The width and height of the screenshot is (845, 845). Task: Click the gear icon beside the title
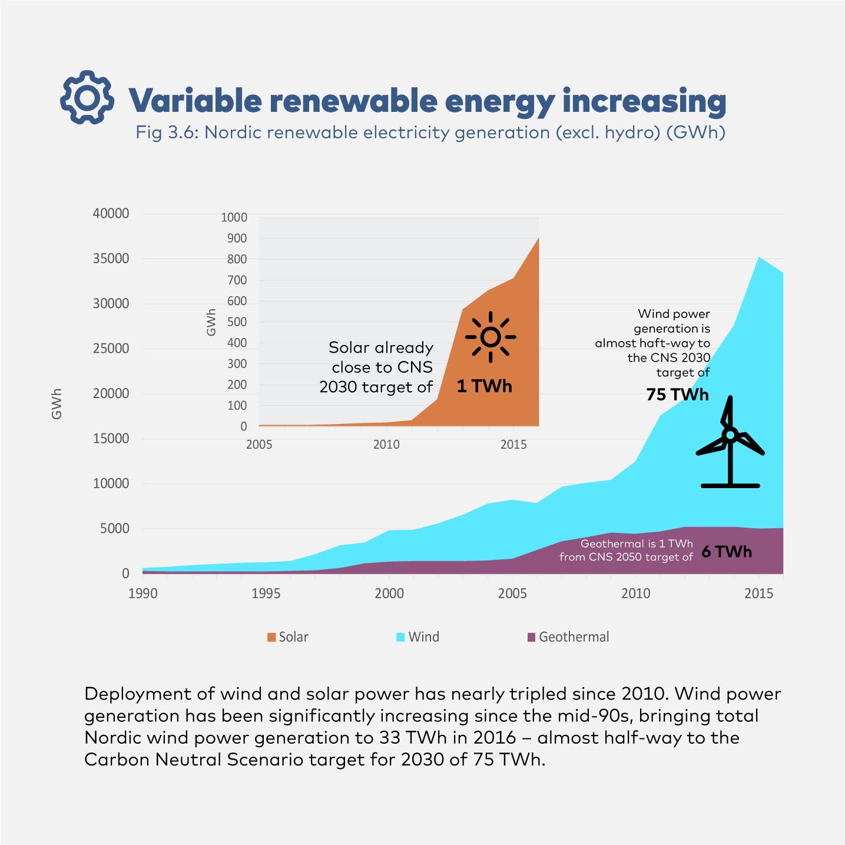(x=87, y=98)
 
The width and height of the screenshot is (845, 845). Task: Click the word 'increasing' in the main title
(x=644, y=101)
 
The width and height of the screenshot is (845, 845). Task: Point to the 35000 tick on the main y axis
(x=111, y=259)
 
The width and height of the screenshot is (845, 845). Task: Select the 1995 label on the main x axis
(x=266, y=594)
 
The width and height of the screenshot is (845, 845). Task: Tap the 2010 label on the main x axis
(x=635, y=594)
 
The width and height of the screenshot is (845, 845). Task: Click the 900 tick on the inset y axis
(x=234, y=238)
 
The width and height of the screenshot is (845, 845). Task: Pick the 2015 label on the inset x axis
(x=513, y=445)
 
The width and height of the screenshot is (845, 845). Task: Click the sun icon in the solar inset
(x=491, y=337)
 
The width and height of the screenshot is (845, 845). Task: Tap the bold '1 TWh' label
(x=484, y=386)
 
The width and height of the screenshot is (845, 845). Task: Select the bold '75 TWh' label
(x=677, y=395)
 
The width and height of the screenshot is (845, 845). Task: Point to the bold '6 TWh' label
(x=727, y=552)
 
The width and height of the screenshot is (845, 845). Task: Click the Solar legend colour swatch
(x=271, y=637)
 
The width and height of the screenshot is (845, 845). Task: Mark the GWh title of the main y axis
(x=57, y=404)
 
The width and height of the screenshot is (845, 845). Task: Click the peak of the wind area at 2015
(x=759, y=257)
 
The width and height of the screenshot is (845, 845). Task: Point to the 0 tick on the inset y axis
(x=243, y=426)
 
